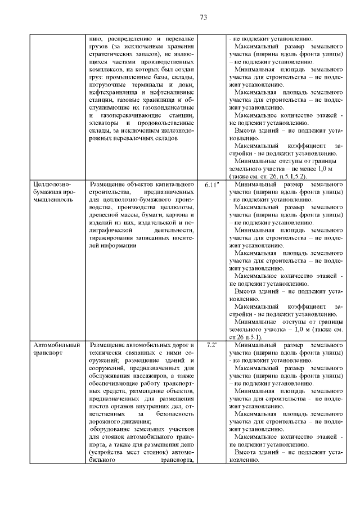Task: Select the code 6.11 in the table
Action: (212, 184)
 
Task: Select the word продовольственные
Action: (168, 123)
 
